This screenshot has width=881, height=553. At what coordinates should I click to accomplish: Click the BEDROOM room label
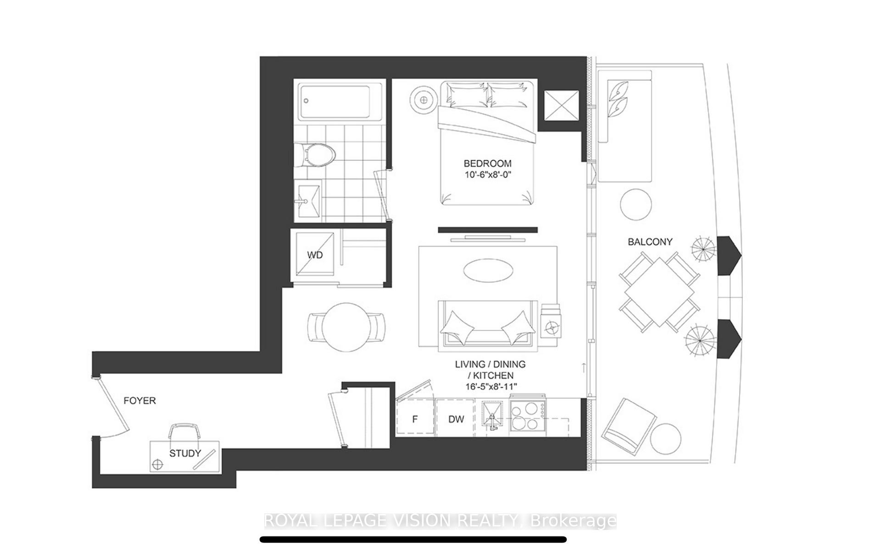click(487, 164)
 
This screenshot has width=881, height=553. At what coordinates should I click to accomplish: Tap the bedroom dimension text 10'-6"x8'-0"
click(487, 175)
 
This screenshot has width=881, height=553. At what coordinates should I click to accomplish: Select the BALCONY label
click(650, 242)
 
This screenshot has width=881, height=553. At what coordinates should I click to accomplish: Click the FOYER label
click(139, 401)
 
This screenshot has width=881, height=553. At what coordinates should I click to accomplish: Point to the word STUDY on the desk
click(185, 454)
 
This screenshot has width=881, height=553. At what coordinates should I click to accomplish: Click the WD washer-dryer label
click(315, 255)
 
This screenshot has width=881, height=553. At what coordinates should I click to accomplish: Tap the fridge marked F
click(415, 419)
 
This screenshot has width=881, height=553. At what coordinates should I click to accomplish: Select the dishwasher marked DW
click(456, 419)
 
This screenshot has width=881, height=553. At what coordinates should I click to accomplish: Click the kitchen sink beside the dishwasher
click(492, 415)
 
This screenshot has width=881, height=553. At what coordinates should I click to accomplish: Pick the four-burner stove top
click(527, 416)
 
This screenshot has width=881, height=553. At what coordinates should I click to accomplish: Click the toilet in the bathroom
click(316, 155)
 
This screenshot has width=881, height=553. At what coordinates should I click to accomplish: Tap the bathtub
click(337, 102)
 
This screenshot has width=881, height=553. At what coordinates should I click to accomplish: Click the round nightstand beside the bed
click(424, 100)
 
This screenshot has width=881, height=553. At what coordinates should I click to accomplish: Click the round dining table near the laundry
click(346, 327)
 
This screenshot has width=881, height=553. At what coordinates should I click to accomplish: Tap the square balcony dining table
click(659, 292)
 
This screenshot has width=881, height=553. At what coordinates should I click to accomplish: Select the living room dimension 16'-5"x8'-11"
click(490, 387)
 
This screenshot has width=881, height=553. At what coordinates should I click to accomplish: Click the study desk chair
click(184, 432)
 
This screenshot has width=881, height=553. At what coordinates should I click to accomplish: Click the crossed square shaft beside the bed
click(561, 106)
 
